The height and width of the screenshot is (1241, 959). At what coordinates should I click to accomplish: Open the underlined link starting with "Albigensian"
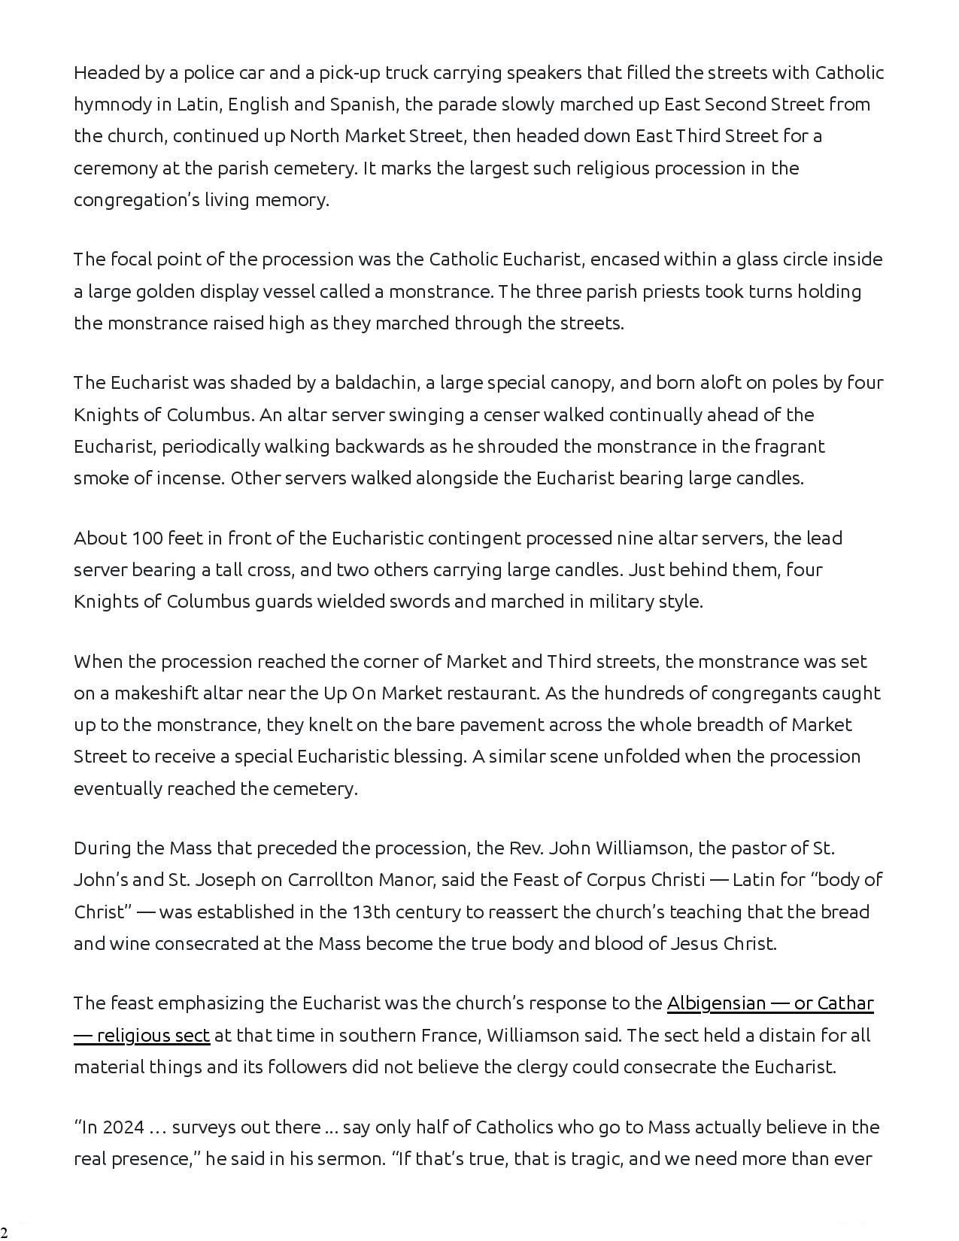click(769, 1003)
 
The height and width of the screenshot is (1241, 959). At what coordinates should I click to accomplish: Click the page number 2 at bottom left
click(4, 1231)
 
